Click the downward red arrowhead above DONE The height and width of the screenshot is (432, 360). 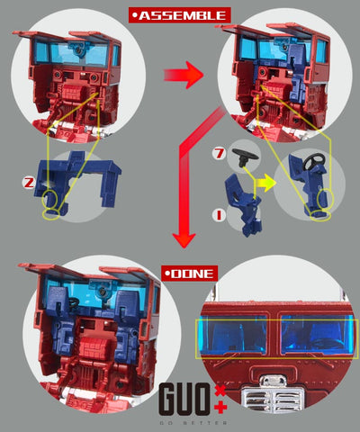[x=184, y=239]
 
